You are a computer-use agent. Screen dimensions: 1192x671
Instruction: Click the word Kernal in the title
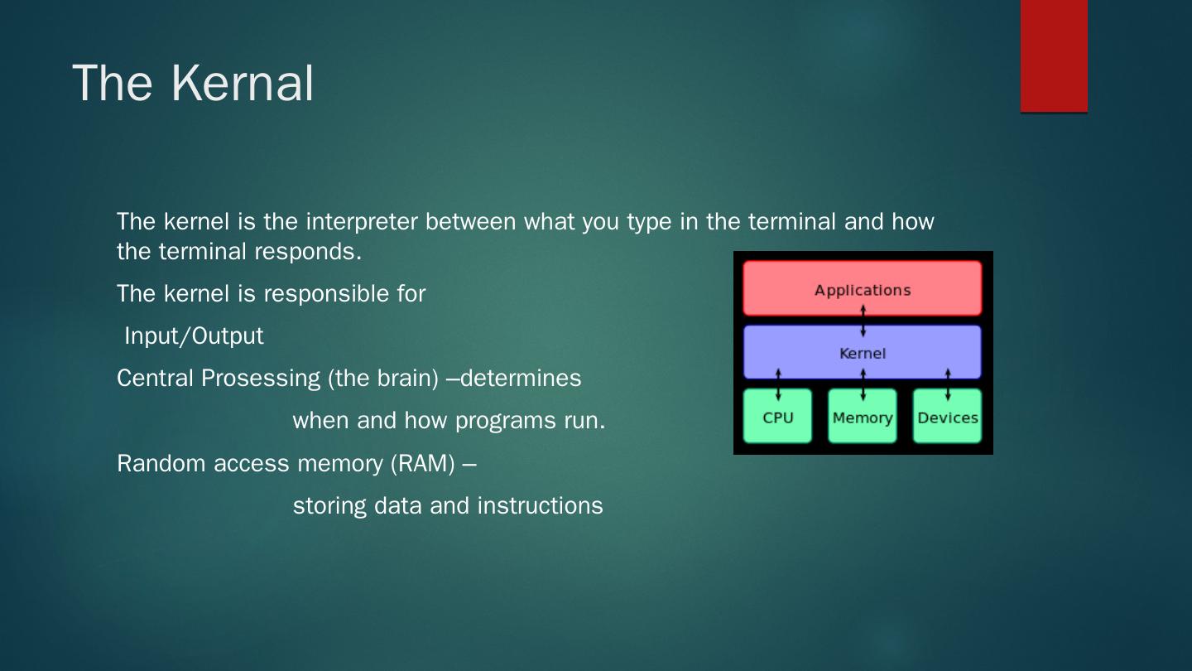242,83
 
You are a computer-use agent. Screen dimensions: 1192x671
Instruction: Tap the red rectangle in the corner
1054,56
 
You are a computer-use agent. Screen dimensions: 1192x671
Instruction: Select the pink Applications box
862,288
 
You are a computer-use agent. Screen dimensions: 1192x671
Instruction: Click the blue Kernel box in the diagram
862,353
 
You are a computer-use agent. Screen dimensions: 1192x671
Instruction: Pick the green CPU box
777,416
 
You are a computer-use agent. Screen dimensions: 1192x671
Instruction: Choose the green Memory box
862,416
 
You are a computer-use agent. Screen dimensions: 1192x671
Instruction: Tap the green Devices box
947,416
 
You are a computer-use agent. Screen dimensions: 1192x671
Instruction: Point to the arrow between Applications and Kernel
863,321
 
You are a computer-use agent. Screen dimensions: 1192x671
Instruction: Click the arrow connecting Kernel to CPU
778,384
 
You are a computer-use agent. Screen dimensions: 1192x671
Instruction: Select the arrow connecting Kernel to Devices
948,384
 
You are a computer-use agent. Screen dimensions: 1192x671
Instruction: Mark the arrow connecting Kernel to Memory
863,384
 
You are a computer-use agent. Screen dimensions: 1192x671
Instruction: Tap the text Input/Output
194,336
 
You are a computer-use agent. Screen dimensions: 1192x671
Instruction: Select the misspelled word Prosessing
261,379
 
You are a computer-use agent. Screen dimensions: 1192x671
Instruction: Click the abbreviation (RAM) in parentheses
422,464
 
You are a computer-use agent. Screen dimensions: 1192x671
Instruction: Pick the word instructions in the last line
540,506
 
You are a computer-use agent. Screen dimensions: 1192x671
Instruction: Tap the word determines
521,379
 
